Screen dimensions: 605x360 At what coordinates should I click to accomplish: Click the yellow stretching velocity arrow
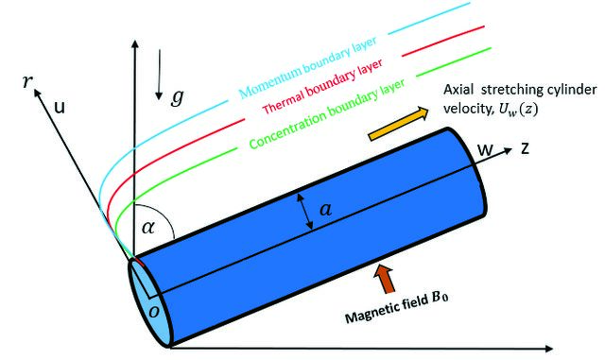coord(399,124)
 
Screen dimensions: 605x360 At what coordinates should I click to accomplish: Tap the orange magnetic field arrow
coord(387,278)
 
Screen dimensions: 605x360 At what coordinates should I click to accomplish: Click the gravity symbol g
coord(177,96)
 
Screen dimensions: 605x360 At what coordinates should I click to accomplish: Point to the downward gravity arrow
coord(159,75)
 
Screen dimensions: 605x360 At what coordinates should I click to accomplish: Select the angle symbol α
coord(148,228)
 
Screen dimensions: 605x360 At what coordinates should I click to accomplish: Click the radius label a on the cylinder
coord(325,210)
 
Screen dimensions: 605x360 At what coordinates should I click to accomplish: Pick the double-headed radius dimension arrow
coord(304,213)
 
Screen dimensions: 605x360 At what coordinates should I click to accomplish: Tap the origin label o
coord(154,312)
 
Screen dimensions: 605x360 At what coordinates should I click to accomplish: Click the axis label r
coord(27,81)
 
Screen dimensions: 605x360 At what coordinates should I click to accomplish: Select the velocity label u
coord(60,108)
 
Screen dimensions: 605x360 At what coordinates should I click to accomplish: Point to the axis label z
coord(525,148)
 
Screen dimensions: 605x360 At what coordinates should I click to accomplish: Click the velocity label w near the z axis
coord(485,149)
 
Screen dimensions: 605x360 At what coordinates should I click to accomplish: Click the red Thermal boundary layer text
coord(322,86)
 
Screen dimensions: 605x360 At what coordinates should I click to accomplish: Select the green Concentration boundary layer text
coord(327,113)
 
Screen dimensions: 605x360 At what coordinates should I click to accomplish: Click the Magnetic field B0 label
coord(397,308)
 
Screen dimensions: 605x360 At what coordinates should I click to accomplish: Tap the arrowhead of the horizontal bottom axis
coord(548,349)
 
